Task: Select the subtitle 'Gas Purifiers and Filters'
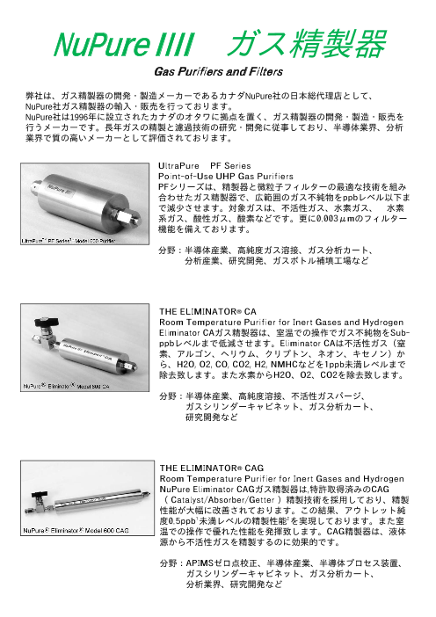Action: click(x=217, y=70)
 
